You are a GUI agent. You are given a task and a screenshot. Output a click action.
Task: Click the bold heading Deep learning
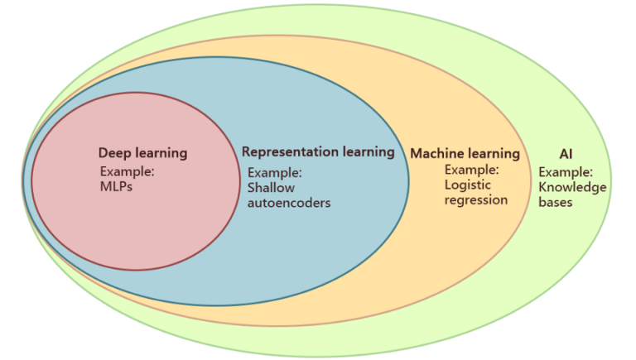142,153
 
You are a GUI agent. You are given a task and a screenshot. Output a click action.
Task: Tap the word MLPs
117,187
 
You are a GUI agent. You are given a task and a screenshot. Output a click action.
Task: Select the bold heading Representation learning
318,152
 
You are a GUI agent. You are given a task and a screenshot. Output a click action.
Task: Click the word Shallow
271,187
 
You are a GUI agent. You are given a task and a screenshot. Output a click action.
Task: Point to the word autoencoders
289,202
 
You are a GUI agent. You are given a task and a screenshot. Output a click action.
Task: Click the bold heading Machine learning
465,154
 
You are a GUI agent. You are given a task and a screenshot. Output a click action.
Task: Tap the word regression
476,199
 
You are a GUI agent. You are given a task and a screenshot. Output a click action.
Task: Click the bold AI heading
566,154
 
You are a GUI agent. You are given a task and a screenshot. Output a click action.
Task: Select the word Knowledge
573,187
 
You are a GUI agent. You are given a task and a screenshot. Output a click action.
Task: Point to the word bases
556,202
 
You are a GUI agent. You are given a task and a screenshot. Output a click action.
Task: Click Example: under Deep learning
128,172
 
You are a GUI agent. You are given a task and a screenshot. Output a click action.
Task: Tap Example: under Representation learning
275,172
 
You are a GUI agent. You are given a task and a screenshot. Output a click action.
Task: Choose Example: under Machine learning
471,170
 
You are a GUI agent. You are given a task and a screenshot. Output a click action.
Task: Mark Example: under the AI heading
566,172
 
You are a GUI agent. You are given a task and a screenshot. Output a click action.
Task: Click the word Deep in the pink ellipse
114,153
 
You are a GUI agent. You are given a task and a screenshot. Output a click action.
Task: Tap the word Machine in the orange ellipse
436,154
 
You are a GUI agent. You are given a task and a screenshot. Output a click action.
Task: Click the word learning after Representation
367,152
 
